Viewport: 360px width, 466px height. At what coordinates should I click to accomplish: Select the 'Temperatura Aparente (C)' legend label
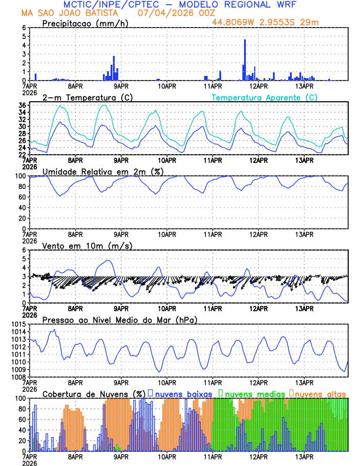pos(264,97)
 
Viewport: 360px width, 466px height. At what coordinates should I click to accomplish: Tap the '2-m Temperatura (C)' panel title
pos(84,97)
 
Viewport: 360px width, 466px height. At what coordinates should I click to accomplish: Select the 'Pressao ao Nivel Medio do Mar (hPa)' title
pos(119,319)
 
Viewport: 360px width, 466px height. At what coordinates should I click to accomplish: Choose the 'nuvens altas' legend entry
pos(320,393)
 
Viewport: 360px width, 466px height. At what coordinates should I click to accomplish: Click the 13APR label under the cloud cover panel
pos(304,457)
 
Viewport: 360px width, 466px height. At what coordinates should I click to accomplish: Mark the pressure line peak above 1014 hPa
pos(54,331)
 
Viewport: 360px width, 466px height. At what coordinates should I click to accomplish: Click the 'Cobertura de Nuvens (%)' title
pos(94,393)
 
